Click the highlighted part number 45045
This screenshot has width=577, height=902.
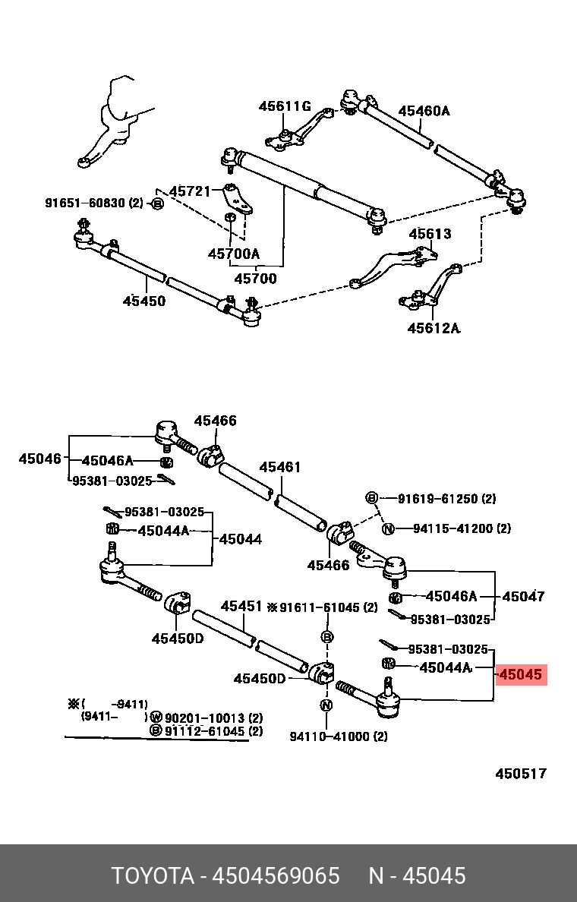[521, 674]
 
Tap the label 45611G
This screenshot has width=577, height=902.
[285, 106]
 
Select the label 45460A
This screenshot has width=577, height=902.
[424, 111]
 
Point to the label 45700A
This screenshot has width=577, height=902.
[233, 254]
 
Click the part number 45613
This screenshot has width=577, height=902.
[430, 234]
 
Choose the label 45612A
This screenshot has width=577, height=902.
[434, 328]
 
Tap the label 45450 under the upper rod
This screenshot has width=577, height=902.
[143, 301]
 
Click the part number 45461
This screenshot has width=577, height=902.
[280, 468]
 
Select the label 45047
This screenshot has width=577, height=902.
[523, 597]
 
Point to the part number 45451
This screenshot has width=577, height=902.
[242, 607]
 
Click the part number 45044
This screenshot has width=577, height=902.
[241, 539]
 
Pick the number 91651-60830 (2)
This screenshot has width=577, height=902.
[93, 203]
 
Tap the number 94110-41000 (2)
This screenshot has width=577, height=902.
[339, 736]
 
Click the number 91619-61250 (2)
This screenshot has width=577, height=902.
[446, 499]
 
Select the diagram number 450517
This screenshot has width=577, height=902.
[521, 774]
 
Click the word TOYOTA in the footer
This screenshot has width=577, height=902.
[153, 875]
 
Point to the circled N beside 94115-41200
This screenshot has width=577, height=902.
[387, 528]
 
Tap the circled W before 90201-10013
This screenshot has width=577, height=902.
[155, 717]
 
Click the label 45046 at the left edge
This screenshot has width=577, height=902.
[39, 459]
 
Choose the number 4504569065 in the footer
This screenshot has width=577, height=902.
[276, 875]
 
